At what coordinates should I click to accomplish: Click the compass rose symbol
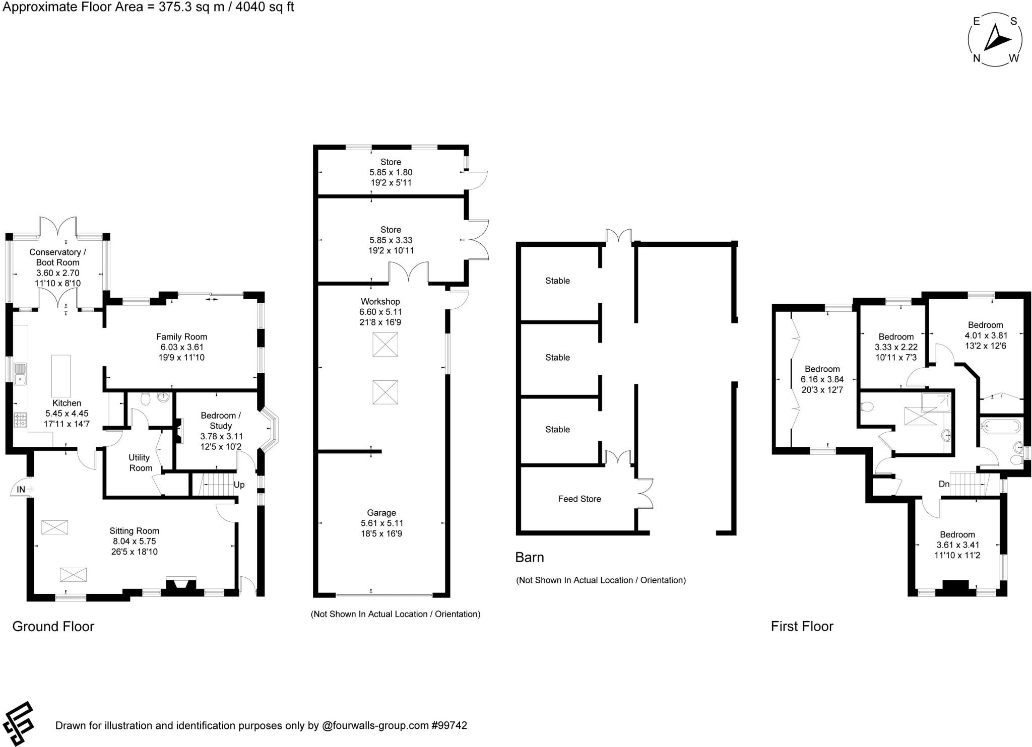[995, 40]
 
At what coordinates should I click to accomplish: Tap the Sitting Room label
[134, 531]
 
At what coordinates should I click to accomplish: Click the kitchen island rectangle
[61, 376]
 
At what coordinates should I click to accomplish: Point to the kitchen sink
[21, 374]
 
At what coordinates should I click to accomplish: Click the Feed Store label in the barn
[579, 499]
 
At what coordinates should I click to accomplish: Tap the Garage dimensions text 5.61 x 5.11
[381, 523]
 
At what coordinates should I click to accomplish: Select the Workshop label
[380, 301]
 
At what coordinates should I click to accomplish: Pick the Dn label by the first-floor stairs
[944, 484]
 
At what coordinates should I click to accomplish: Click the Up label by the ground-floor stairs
[239, 485]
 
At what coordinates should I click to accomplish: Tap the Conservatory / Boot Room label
[57, 257]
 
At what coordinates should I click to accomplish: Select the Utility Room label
[140, 462]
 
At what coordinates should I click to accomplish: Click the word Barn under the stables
[529, 557]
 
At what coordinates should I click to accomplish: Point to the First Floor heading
[802, 626]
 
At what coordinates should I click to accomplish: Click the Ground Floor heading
[53, 626]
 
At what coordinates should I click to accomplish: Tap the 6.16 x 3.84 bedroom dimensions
[822, 379]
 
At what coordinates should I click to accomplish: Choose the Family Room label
[181, 336]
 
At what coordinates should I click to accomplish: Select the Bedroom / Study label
[221, 421]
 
